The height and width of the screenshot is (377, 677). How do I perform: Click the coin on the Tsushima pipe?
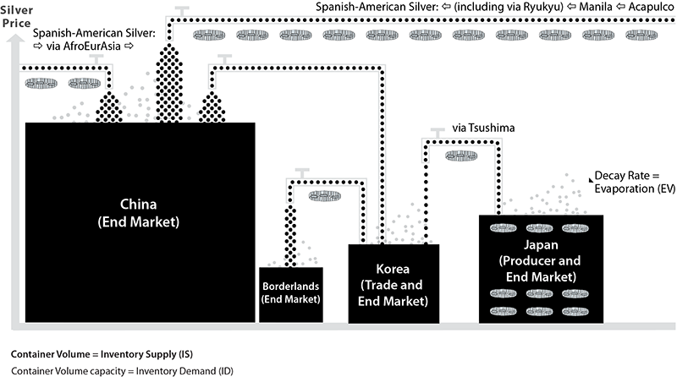(461, 155)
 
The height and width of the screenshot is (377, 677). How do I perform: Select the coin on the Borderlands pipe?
(325, 196)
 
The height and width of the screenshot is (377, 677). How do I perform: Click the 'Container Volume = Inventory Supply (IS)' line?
(94, 352)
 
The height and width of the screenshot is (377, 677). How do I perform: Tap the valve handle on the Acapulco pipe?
(181, 9)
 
